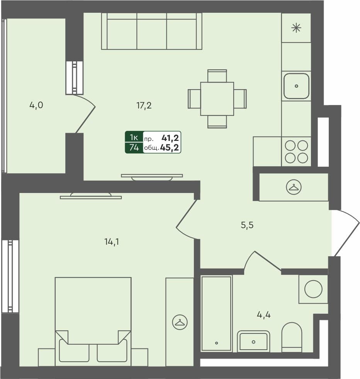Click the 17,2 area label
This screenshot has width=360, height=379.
tap(144, 106)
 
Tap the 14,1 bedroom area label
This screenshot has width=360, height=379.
tap(112, 242)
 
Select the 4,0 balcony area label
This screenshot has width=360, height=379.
tap(36, 105)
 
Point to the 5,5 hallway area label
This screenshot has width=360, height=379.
tap(247, 225)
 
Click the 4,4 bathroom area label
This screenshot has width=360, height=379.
tap(264, 315)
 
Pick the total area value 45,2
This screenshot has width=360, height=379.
tap(169, 147)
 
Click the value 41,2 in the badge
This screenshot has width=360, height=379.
tap(170, 138)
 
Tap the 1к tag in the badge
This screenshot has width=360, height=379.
tap(134, 137)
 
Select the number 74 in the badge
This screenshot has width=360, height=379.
tap(134, 147)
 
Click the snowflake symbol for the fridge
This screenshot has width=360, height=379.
tap(296, 28)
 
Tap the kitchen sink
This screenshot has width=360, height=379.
tap(296, 86)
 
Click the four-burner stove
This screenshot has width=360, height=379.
tap(296, 152)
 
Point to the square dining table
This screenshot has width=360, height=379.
tap(217, 99)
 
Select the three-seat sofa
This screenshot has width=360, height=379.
tap(152, 31)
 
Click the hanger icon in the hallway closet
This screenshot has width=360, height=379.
tap(294, 187)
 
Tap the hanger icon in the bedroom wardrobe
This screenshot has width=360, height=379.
tap(180, 322)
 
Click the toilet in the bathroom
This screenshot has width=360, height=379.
tap(292, 337)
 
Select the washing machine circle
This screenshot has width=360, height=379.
tap(313, 289)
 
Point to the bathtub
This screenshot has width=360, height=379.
tap(217, 314)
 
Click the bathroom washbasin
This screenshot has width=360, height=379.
tap(253, 341)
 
